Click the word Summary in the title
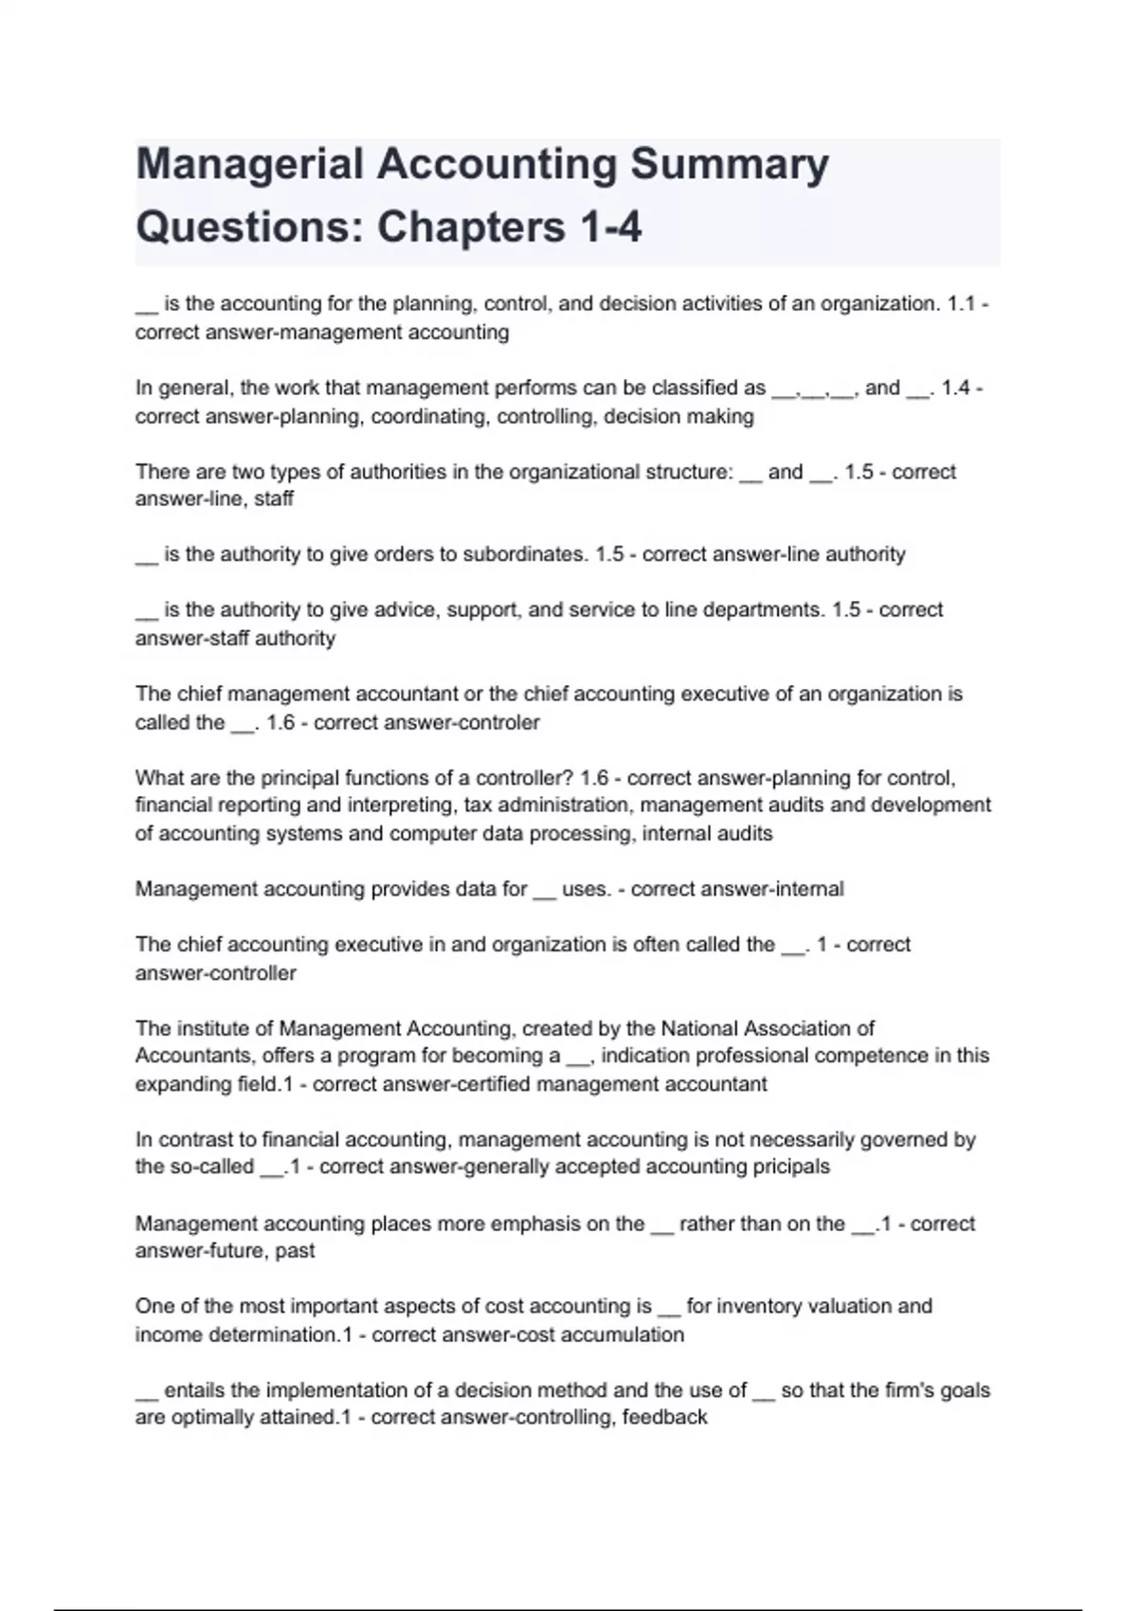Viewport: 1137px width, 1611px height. [x=730, y=166]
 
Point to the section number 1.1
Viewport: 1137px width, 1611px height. [x=961, y=304]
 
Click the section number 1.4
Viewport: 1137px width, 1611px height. [x=956, y=388]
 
